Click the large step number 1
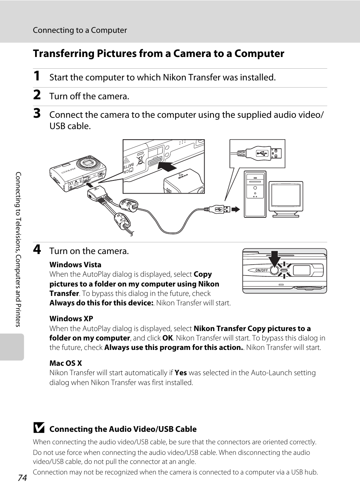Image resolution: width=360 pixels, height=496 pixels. click(37, 76)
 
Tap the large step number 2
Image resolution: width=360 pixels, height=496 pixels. click(37, 95)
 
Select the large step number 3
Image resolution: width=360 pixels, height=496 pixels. click(37, 114)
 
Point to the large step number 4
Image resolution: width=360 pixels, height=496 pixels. click(37, 250)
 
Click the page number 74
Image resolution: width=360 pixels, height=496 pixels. click(22, 478)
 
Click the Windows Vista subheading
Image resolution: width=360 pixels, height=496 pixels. click(75, 265)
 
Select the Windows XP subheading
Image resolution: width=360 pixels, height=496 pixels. click(71, 319)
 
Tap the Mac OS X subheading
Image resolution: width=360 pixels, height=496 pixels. click(65, 363)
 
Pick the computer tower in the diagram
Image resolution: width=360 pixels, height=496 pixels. click(255, 194)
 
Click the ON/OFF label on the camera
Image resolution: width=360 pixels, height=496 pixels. click(262, 270)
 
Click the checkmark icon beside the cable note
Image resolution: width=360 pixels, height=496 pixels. click(38, 428)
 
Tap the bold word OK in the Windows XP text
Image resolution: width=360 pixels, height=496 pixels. click(168, 338)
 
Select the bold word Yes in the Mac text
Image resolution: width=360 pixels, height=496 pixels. click(181, 373)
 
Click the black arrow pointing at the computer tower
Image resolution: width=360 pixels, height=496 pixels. click(236, 209)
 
